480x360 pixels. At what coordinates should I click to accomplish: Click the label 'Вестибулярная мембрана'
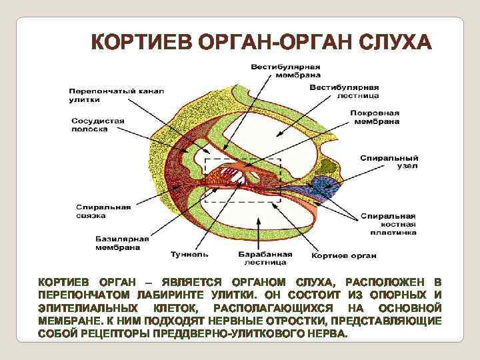[x=285, y=71]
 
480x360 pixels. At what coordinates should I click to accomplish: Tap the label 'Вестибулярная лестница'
[x=344, y=91]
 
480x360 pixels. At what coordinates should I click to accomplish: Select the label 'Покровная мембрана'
[x=375, y=117]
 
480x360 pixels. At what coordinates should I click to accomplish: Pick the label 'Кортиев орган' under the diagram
[x=344, y=255]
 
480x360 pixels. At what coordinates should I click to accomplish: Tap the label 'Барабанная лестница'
[x=265, y=259]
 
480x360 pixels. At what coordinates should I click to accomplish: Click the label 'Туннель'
[x=189, y=254]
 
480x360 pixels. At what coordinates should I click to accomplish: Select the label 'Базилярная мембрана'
[x=117, y=243]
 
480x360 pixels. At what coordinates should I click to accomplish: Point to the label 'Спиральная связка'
[x=103, y=211]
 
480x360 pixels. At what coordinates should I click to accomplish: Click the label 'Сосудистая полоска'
[x=97, y=125]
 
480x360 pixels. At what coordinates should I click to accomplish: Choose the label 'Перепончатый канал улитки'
[x=116, y=95]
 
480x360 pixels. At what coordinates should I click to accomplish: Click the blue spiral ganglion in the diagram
[x=327, y=185]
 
